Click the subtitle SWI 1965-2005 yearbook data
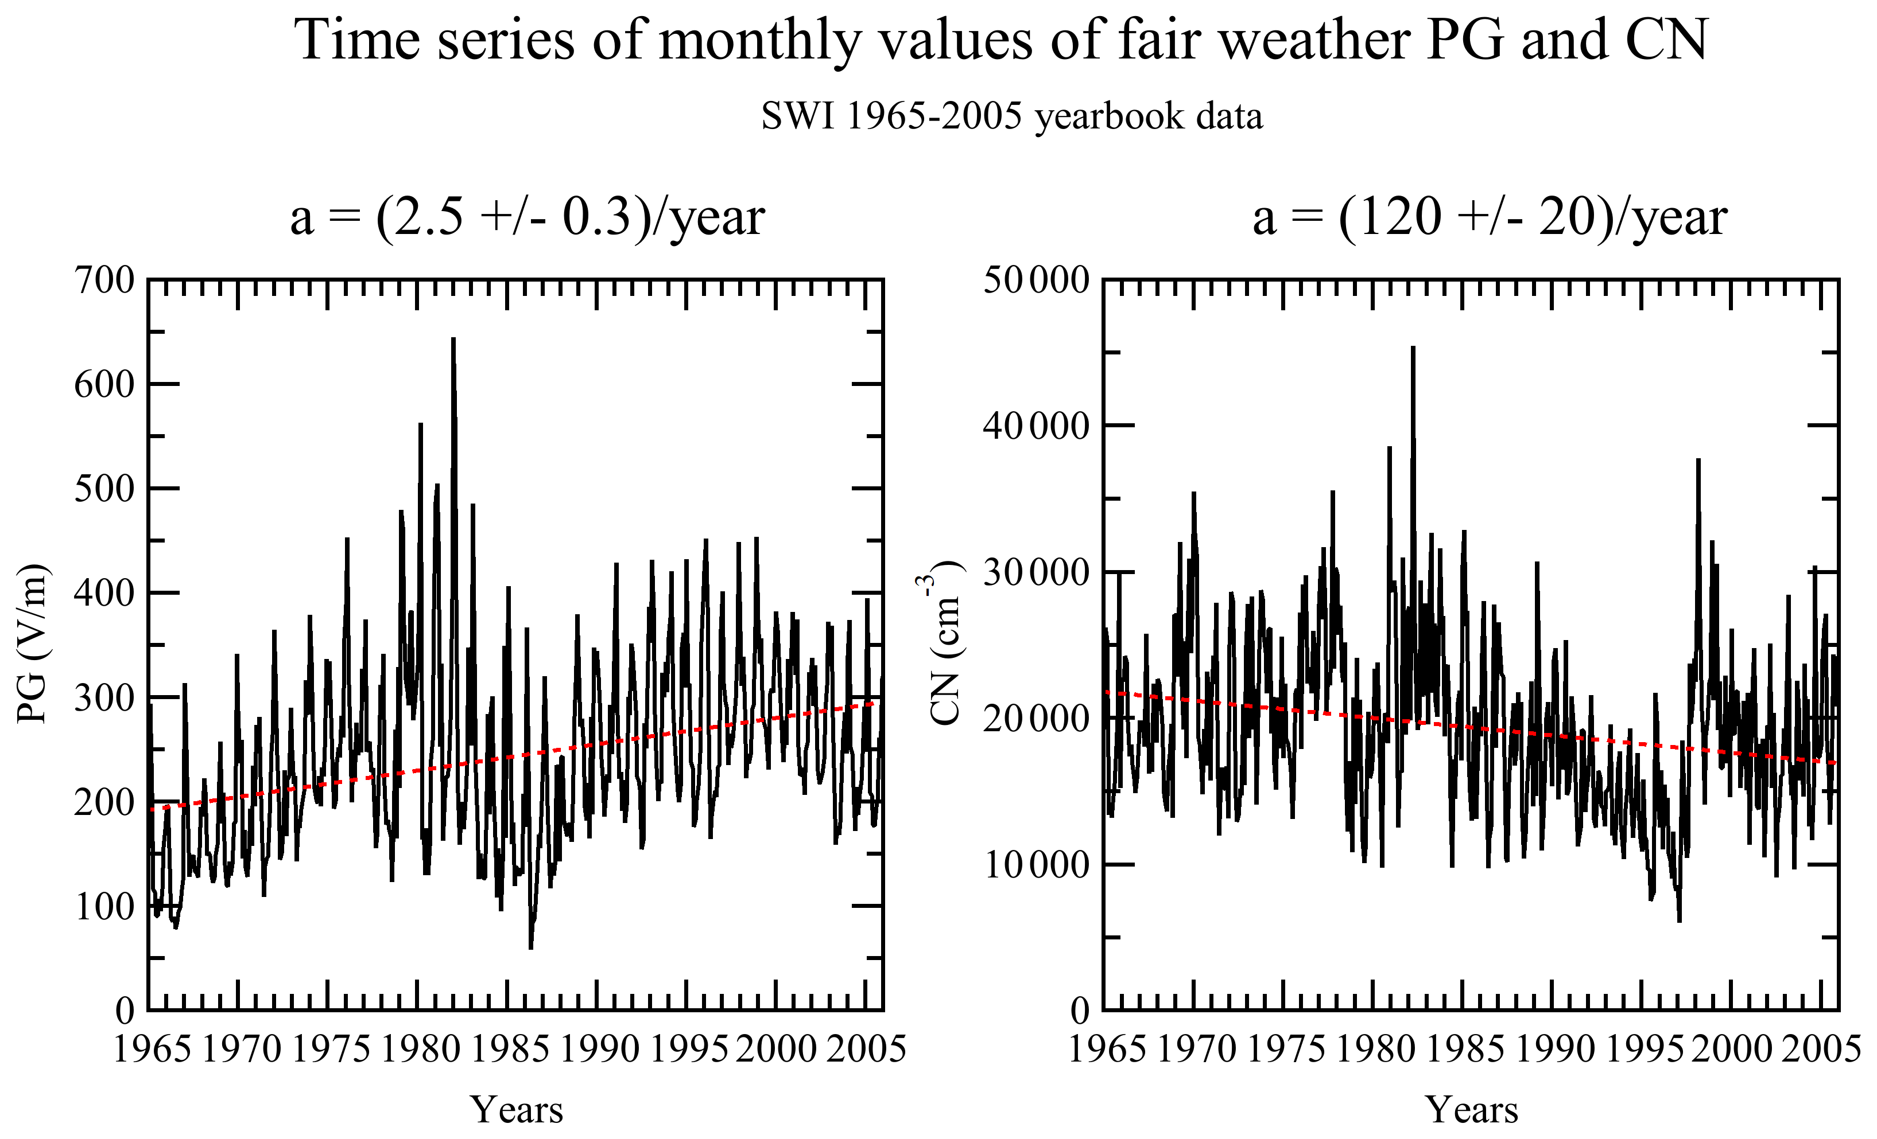pyautogui.click(x=1011, y=116)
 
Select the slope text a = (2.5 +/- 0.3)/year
pyautogui.click(x=527, y=218)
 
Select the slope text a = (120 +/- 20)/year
pyautogui.click(x=1490, y=218)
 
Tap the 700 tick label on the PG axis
pyautogui.click(x=104, y=280)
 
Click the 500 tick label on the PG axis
pyautogui.click(x=104, y=489)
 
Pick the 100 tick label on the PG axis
pyautogui.click(x=104, y=907)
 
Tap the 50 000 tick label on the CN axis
pyautogui.click(x=1037, y=280)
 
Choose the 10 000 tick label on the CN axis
pyautogui.click(x=1037, y=865)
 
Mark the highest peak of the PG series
pyautogui.click(x=453, y=339)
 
